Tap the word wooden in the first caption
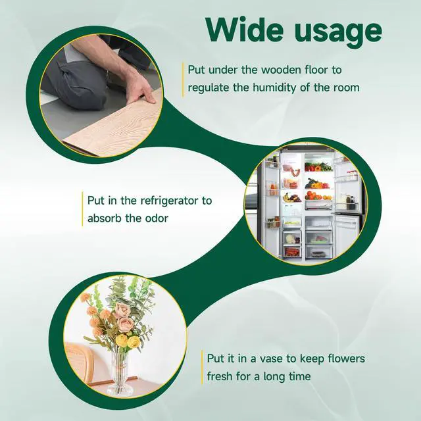281,70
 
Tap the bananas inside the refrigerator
287,198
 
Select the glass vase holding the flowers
120,374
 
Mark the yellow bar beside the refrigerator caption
82,209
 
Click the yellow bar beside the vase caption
202,367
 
